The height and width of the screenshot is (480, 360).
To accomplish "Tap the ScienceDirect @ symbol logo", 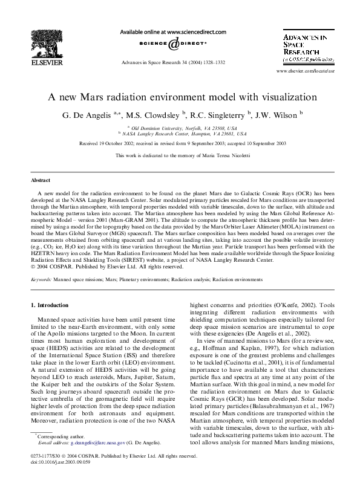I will click(173, 44).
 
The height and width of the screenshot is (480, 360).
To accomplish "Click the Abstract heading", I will click(41, 180).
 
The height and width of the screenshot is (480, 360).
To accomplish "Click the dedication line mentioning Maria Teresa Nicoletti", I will click(180, 156).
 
